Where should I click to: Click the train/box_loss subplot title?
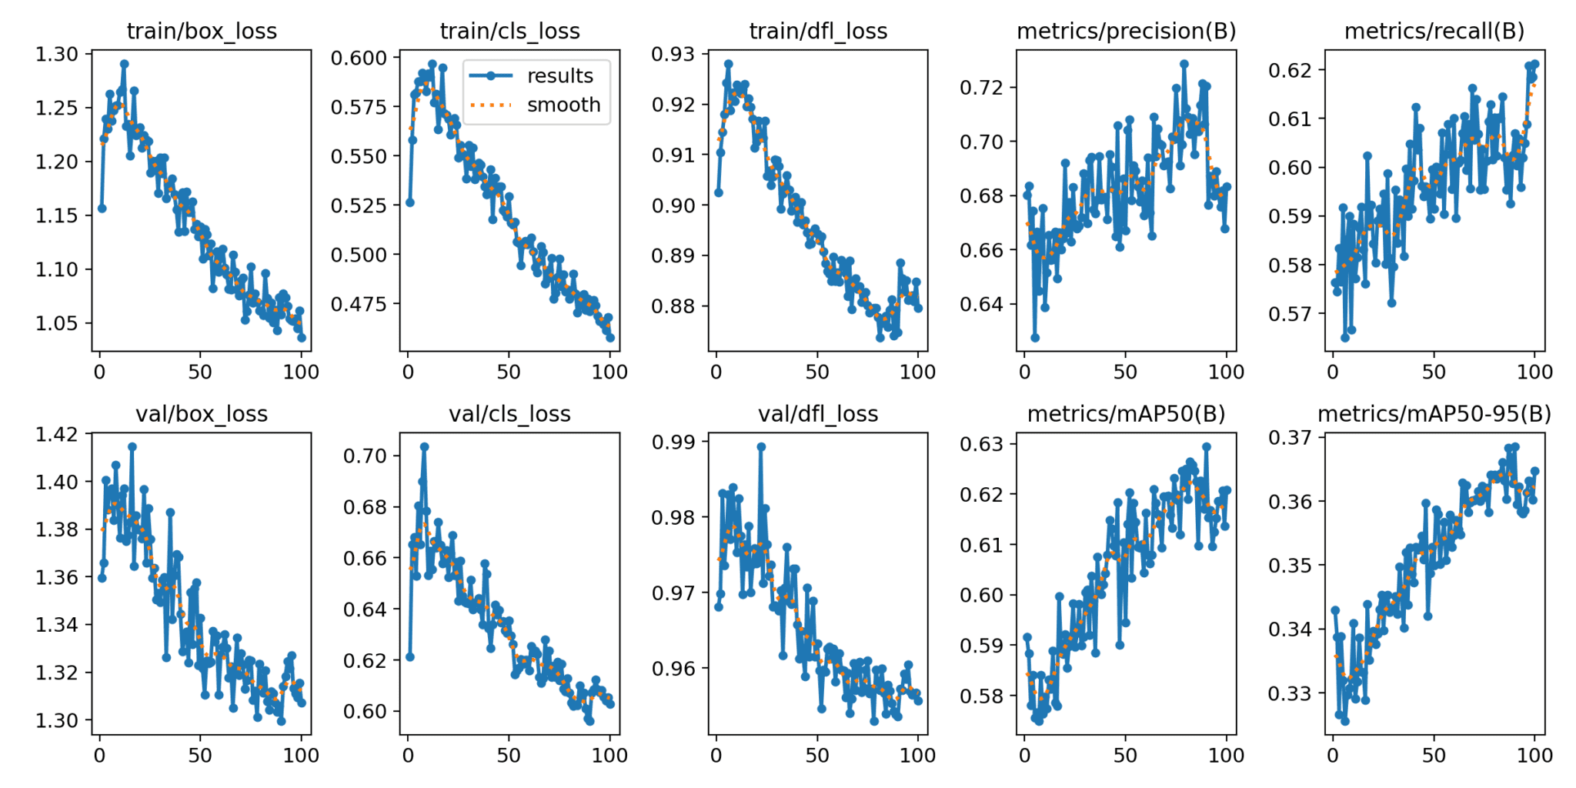(x=202, y=32)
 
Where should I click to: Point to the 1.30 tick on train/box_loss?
(x=57, y=55)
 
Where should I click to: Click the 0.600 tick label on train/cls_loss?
(x=358, y=58)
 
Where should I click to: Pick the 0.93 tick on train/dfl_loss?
(x=673, y=55)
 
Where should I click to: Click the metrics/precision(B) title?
(x=1126, y=32)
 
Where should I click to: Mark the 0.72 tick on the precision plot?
(x=982, y=88)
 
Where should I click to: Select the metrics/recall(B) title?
(x=1434, y=32)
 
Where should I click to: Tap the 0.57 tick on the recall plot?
(x=1290, y=314)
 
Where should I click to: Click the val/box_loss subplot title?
(x=202, y=414)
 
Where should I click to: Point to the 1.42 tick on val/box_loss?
(x=57, y=435)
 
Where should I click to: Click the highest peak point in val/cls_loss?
(x=424, y=447)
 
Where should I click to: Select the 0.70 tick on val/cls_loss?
(x=364, y=456)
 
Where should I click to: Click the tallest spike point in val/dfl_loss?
(x=761, y=447)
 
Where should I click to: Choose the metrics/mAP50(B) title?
(x=1126, y=414)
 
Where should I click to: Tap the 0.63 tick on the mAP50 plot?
(x=982, y=444)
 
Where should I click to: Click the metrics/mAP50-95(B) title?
(x=1434, y=414)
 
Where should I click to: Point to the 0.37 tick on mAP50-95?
(x=1290, y=438)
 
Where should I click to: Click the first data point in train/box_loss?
(x=102, y=209)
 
